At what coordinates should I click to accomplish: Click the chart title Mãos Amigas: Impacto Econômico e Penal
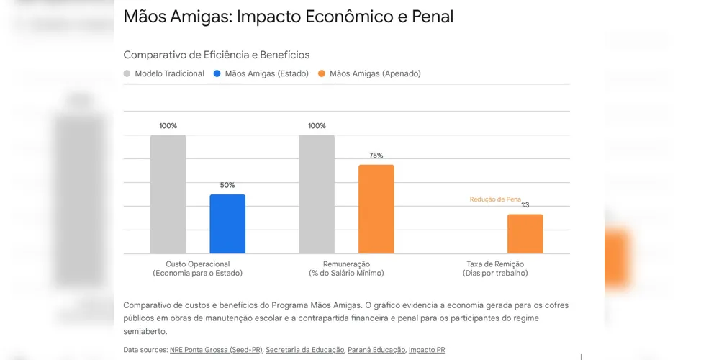point(288,17)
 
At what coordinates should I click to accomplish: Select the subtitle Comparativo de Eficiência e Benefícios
point(216,55)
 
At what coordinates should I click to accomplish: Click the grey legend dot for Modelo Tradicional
point(127,73)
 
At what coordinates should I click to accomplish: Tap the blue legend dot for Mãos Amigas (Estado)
point(217,73)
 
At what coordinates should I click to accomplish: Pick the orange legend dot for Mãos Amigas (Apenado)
point(322,73)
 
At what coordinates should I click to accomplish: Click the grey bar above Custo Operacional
point(168,194)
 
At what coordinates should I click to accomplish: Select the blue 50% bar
point(227,224)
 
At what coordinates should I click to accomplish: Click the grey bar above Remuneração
point(317,194)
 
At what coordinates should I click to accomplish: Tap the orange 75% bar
point(376,209)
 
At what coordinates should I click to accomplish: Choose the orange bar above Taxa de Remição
point(525,234)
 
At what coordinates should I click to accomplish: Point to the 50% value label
point(227,185)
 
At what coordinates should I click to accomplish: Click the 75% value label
point(376,156)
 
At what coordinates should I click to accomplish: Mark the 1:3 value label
point(525,205)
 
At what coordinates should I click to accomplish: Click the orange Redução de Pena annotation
point(495,199)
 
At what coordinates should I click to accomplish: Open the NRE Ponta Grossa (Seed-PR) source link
point(216,350)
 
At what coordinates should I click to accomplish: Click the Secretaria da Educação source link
point(304,350)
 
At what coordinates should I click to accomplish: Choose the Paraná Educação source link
point(376,350)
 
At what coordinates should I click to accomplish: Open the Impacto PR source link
point(427,350)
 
